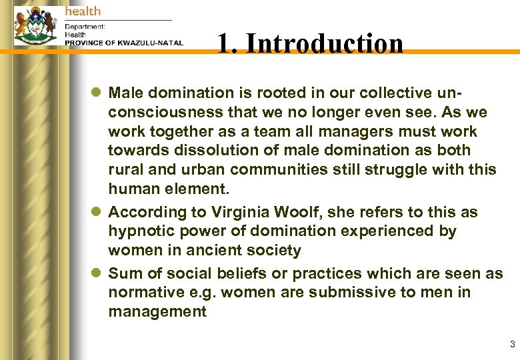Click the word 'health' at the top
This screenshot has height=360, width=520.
click(x=83, y=11)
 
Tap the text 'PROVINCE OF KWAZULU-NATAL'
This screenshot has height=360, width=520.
click(x=123, y=43)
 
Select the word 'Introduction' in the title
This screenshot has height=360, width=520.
click(x=329, y=44)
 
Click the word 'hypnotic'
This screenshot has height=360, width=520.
click(x=139, y=231)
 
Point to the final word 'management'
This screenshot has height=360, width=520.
click(x=157, y=311)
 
